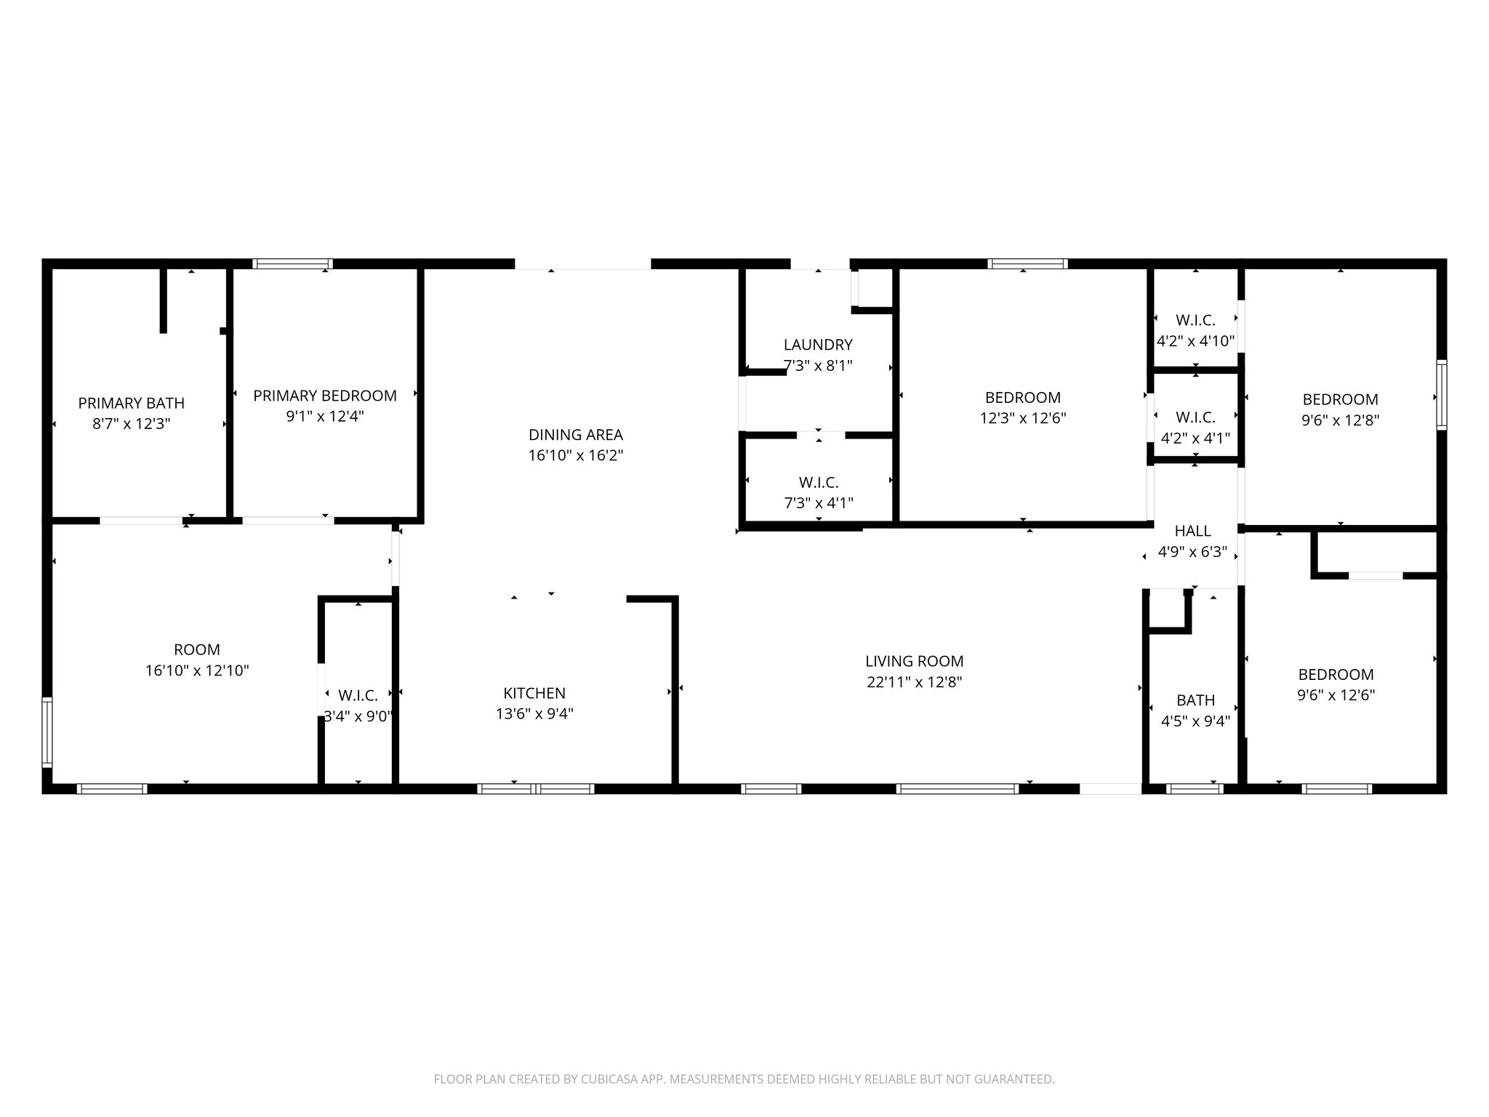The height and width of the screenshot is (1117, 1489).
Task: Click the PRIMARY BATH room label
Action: (132, 403)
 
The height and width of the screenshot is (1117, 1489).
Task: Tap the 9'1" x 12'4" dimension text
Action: (325, 417)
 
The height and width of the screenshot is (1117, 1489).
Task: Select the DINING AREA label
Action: (575, 435)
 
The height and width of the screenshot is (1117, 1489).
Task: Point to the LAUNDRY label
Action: (818, 345)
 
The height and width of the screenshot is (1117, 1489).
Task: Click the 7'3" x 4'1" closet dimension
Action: (819, 503)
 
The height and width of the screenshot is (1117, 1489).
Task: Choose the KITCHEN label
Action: (534, 693)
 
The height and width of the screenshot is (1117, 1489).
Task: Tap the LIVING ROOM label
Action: (914, 661)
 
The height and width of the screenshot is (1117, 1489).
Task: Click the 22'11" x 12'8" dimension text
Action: (914, 682)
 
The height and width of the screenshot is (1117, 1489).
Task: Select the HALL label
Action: (1192, 531)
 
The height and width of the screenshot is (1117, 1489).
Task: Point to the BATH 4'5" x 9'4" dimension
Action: (1195, 721)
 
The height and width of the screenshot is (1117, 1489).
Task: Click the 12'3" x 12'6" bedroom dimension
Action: (1023, 418)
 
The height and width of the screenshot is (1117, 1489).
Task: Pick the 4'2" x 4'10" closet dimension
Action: (1195, 341)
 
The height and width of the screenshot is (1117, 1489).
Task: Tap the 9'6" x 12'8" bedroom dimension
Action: (1340, 420)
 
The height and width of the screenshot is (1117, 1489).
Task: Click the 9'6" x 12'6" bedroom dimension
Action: (1336, 695)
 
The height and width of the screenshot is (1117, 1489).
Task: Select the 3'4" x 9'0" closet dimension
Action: (358, 716)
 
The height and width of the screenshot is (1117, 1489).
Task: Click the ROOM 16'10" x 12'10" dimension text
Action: (197, 670)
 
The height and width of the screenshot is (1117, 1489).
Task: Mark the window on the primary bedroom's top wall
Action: (292, 264)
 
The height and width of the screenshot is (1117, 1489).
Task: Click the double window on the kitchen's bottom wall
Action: (536, 788)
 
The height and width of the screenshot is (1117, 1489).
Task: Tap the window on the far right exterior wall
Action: (1441, 395)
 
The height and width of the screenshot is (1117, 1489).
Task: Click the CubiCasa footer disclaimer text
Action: (744, 1079)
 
